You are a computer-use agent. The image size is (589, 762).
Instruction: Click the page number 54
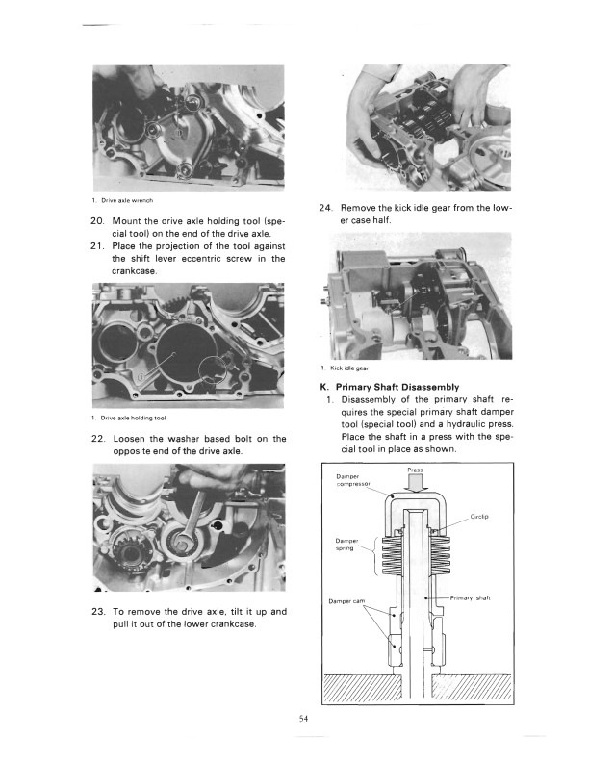(x=303, y=717)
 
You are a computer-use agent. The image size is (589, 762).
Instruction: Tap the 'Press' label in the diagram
(x=416, y=470)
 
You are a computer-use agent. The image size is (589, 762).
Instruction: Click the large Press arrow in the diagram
(x=416, y=484)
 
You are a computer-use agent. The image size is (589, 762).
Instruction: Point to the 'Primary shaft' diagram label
(x=471, y=597)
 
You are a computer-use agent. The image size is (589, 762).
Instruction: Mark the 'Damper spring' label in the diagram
(x=348, y=546)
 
